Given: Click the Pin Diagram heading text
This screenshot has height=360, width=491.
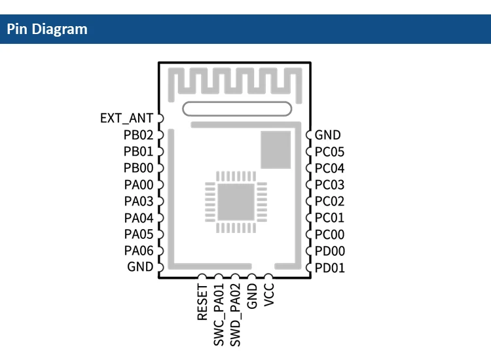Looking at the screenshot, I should pos(47,29).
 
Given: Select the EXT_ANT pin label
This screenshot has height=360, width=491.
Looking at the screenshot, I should pos(126,118).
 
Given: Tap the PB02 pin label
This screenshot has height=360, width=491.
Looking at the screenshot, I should pos(138,135).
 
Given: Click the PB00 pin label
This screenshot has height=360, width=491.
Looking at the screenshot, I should pos(138,168).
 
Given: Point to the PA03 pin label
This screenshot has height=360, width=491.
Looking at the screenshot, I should pos(138,202).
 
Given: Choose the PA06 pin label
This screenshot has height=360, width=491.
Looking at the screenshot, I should pos(138,251).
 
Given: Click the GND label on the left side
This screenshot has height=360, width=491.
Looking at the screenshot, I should pos(140,267).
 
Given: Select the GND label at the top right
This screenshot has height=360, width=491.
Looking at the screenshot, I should pos(328,135).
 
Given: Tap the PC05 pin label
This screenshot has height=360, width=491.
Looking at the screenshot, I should pos(329,152).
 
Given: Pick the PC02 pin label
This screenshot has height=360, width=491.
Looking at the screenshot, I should pos(329,202).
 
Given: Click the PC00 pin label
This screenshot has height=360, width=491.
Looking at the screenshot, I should pos(329,234).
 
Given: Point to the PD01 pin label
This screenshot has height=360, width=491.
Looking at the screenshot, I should pos(329,268).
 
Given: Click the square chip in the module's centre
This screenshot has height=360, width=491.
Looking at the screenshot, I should pos(235,202).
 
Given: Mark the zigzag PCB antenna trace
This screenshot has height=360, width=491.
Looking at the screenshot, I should pos(235,82).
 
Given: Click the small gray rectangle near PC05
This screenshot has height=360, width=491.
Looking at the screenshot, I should pos(275,150).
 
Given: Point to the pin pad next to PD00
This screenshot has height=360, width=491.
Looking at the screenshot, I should pos(309,251).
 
